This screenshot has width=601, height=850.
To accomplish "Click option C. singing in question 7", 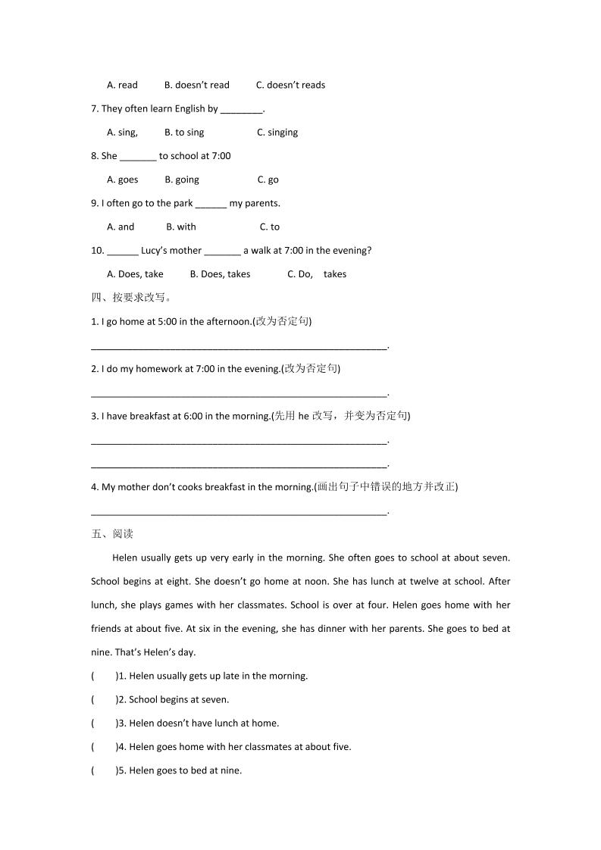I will click(x=277, y=133).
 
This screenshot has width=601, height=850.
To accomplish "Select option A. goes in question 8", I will click(x=123, y=180).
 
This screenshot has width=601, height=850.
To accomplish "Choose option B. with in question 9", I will click(x=181, y=227).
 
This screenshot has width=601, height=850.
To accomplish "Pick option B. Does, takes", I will click(x=220, y=274).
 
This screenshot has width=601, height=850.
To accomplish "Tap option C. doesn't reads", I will click(x=290, y=85).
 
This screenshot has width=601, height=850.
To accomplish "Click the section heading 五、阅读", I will click(x=112, y=534).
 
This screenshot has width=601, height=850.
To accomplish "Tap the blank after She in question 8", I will click(x=138, y=157).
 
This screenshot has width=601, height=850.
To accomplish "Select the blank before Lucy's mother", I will click(x=123, y=252).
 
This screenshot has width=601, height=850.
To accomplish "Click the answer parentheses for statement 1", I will click(x=104, y=676).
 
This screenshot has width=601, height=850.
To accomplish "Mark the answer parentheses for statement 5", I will click(x=104, y=770).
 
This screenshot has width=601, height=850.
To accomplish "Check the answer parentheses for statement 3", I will click(x=104, y=723).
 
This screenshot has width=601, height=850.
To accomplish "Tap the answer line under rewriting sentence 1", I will click(x=239, y=347).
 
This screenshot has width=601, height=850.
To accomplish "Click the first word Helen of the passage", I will click(x=125, y=558).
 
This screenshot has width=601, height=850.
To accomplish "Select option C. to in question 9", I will click(x=270, y=227).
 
